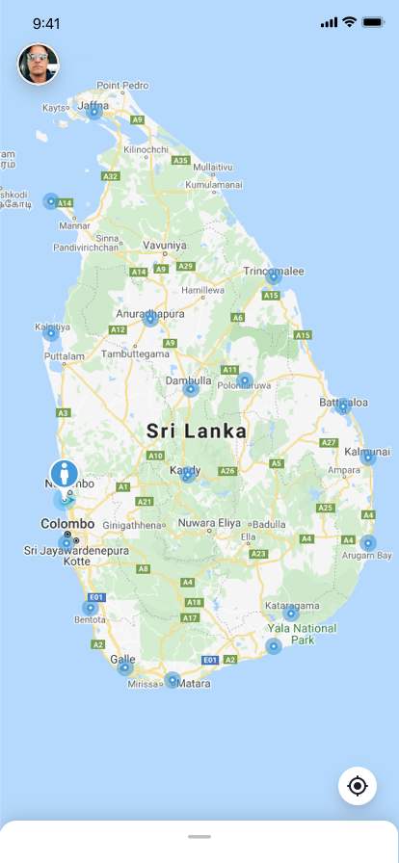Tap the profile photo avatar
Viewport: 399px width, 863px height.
point(39,65)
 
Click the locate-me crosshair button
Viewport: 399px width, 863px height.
point(358,786)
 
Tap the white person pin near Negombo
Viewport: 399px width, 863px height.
point(65,474)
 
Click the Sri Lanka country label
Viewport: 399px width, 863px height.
point(197,431)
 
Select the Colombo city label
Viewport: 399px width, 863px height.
point(67,523)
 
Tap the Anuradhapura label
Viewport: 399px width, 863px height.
point(150,314)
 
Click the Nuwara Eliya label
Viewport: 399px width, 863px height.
point(207,523)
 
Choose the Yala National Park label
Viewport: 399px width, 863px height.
point(303,633)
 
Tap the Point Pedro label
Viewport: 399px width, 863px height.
point(122,85)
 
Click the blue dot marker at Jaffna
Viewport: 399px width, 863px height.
point(93,112)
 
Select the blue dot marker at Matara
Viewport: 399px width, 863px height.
point(173,680)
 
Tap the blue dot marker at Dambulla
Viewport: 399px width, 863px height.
point(191,389)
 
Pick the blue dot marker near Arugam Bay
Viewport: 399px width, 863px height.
point(367,543)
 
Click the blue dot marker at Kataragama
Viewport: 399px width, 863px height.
point(290,614)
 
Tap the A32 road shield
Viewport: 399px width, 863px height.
point(111,176)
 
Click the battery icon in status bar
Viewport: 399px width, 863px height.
point(373,22)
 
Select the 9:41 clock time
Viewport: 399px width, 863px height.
point(46,22)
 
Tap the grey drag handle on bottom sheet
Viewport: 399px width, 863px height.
point(199,836)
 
